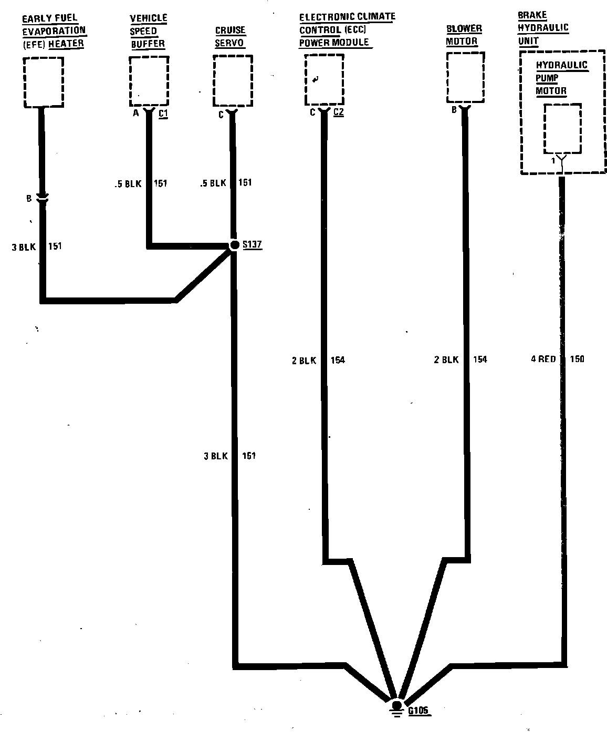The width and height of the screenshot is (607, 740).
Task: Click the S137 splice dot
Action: (234, 245)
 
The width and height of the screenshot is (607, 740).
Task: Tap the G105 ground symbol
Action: (397, 707)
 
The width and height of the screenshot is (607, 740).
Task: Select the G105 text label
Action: (418, 711)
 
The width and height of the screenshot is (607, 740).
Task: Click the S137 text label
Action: (252, 245)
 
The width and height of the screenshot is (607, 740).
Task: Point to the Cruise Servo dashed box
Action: (233, 81)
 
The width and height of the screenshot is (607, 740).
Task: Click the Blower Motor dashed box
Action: (465, 77)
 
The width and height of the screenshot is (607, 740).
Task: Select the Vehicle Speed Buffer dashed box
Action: (149, 81)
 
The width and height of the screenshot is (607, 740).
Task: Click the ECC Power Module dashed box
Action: (324, 80)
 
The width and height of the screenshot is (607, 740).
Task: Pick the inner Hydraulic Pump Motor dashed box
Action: (562, 128)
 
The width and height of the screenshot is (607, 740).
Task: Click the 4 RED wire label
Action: (543, 359)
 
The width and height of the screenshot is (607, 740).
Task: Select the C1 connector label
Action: (163, 113)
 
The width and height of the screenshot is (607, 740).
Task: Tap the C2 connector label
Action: (339, 112)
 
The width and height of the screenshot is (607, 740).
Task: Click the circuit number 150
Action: (577, 359)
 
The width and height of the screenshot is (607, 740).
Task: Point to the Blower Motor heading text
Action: (464, 35)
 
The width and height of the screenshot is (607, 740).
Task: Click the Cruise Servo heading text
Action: (230, 37)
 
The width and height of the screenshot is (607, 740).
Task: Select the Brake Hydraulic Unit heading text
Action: (536, 28)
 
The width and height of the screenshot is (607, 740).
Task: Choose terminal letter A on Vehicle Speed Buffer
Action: (135, 113)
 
